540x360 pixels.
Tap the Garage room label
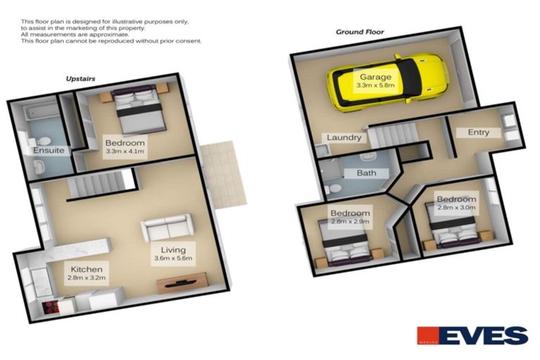point(376,76)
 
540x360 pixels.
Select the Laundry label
point(343,138)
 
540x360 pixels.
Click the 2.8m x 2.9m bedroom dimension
point(350,221)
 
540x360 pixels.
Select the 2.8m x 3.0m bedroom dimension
point(456,207)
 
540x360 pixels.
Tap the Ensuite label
point(49,150)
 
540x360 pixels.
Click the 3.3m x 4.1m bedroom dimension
point(124,150)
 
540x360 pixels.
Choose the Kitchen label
point(86,269)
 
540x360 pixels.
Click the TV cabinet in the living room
point(181,283)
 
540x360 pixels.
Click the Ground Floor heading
point(359,32)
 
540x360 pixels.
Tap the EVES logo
point(472,335)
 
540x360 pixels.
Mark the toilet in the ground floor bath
point(336,188)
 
